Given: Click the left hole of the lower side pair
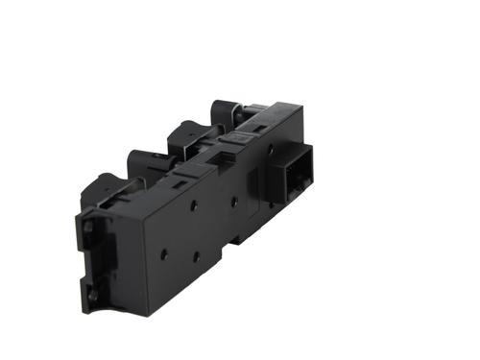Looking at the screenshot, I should point(164,254).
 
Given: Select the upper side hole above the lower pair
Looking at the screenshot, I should point(193,204).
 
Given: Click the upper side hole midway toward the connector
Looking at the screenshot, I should point(233,202).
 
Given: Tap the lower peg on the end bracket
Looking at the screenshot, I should point(93,296).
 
